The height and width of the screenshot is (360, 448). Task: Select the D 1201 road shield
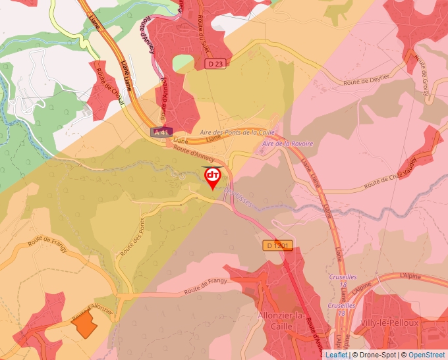(x=277, y=245)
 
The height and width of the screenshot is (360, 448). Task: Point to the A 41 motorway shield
(x=161, y=132)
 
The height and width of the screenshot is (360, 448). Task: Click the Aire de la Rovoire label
(x=287, y=143)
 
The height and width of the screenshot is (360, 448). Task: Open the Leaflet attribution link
(x=336, y=355)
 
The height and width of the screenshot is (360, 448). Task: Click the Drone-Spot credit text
(x=378, y=355)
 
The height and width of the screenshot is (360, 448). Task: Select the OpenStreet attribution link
(x=426, y=355)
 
